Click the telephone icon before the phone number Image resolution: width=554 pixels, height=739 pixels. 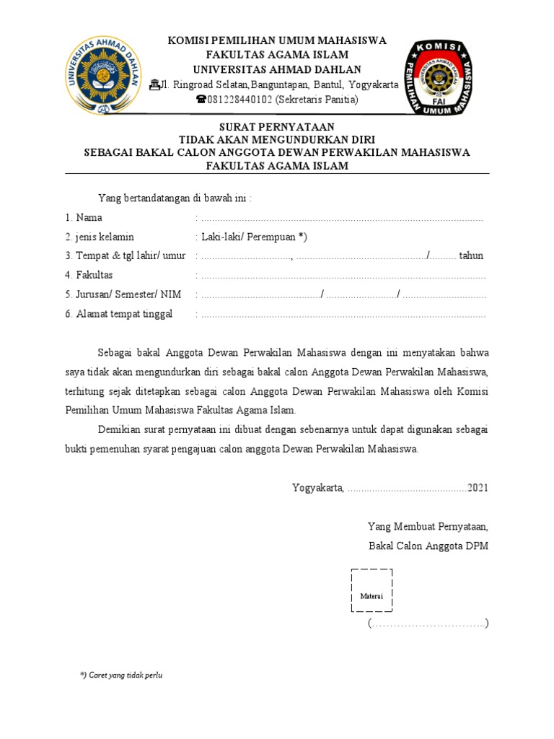tap(201, 100)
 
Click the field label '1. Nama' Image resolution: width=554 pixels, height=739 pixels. tap(84, 217)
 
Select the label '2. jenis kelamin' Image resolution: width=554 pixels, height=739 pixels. tap(100, 237)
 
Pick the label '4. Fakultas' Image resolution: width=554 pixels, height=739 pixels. tap(89, 275)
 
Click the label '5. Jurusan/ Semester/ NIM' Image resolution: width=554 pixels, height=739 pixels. tap(123, 294)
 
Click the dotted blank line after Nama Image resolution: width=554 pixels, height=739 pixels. tap(342, 218)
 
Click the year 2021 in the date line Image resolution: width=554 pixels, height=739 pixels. tap(478, 488)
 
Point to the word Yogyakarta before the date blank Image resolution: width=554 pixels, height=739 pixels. tap(318, 488)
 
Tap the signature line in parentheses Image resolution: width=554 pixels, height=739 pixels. tap(428, 623)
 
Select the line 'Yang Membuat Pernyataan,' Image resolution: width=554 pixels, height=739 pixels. tap(428, 527)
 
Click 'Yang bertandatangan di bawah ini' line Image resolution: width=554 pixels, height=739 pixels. tap(175, 198)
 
